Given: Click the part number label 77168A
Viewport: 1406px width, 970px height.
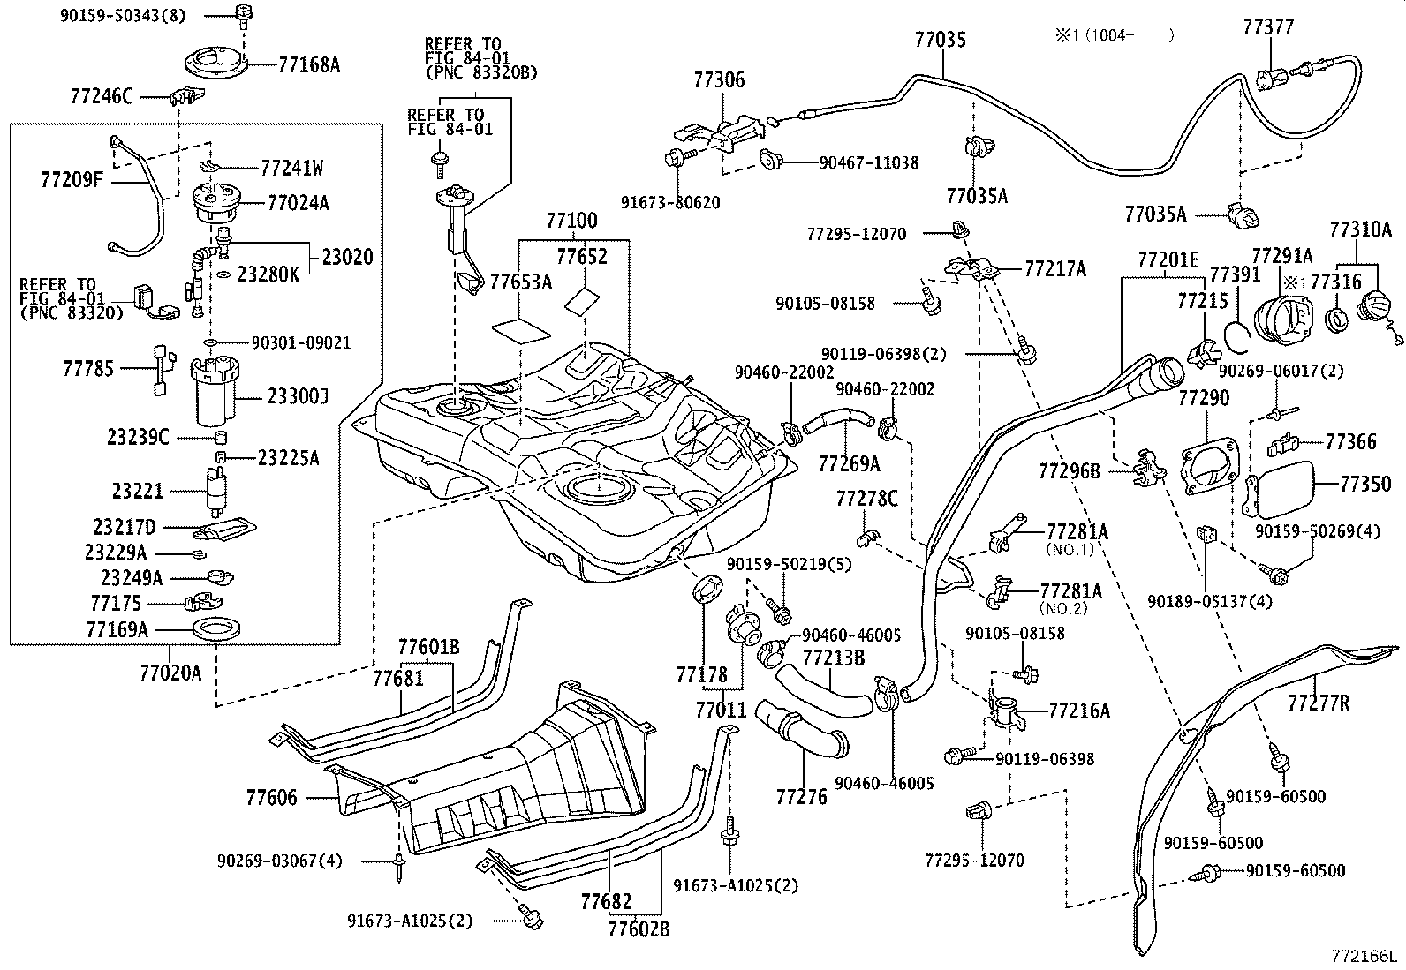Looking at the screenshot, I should click(309, 64).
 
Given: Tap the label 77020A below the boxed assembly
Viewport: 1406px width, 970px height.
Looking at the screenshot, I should click(170, 674).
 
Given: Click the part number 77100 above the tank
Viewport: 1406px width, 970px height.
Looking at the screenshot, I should click(571, 222).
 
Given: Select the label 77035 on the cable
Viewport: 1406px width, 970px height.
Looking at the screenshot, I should click(941, 39).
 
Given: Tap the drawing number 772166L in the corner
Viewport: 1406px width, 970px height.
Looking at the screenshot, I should click(1365, 956).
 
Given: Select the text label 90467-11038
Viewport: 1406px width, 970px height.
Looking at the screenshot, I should click(868, 162).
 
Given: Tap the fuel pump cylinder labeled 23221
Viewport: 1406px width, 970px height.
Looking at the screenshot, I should click(215, 493).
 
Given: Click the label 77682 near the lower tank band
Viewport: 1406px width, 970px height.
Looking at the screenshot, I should click(606, 901).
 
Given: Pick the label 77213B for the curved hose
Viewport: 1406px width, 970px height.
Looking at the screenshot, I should click(833, 658).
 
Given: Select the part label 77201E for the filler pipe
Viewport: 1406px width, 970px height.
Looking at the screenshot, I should click(1168, 260).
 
